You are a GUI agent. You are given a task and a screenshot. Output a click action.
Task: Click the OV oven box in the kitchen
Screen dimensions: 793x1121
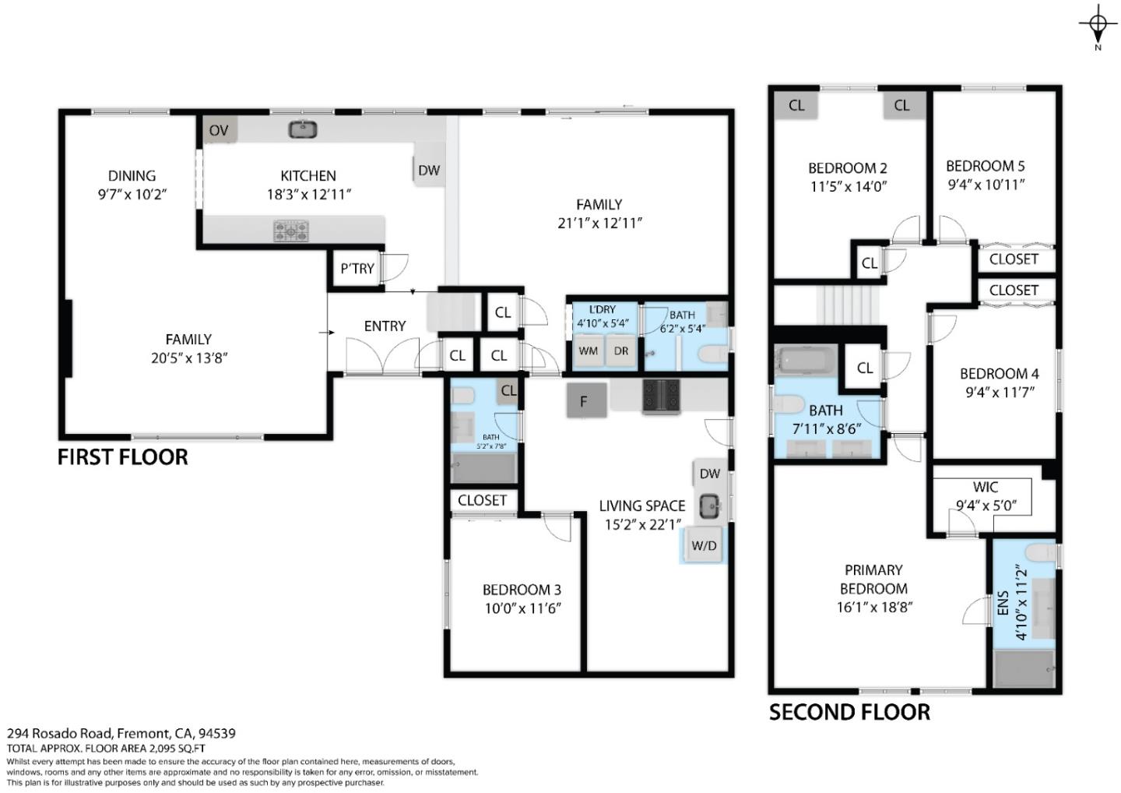220,130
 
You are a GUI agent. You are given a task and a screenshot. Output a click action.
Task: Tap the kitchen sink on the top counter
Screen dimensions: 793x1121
302,129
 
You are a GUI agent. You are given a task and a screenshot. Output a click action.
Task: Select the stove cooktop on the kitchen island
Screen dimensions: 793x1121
290,231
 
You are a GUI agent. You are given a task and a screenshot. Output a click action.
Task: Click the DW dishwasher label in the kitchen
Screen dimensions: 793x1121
428,170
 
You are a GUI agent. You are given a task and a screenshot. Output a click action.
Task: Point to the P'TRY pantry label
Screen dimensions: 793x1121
357,269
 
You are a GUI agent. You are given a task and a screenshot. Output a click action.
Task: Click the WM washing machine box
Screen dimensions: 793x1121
588,351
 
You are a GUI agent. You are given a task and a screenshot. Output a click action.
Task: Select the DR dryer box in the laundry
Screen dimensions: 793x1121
620,351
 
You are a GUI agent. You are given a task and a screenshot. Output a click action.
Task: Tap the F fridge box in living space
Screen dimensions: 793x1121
583,402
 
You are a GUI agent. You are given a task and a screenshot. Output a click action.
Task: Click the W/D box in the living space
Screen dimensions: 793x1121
704,545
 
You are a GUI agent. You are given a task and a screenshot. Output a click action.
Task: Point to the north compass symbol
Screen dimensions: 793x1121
1098,26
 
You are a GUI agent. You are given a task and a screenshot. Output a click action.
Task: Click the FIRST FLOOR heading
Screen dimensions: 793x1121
122,456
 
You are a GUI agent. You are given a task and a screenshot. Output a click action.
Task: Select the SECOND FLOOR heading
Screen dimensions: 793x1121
849,712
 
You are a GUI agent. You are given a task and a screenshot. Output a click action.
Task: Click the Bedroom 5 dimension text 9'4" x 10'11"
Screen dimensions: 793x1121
985,185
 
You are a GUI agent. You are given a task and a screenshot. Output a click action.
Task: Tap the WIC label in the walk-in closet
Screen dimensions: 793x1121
985,487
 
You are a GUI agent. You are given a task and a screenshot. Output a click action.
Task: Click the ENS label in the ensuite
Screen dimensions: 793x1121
1003,603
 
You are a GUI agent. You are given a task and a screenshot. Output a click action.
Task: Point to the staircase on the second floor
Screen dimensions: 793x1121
848,305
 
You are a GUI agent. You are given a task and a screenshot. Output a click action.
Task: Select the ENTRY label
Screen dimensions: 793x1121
385,326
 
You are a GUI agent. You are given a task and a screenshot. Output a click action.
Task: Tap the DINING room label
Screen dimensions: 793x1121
132,176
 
